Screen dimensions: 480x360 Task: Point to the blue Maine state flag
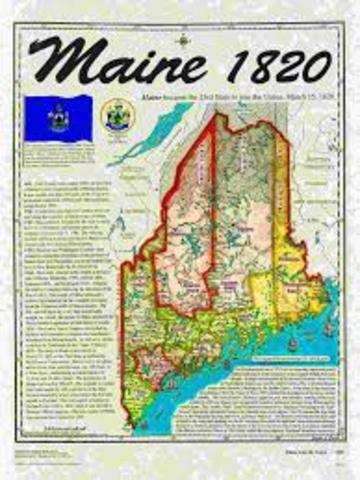point(63,115)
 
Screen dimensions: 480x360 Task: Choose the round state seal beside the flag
point(115,114)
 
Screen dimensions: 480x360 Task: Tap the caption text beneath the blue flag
point(62,143)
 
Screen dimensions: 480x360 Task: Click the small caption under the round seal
point(115,137)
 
